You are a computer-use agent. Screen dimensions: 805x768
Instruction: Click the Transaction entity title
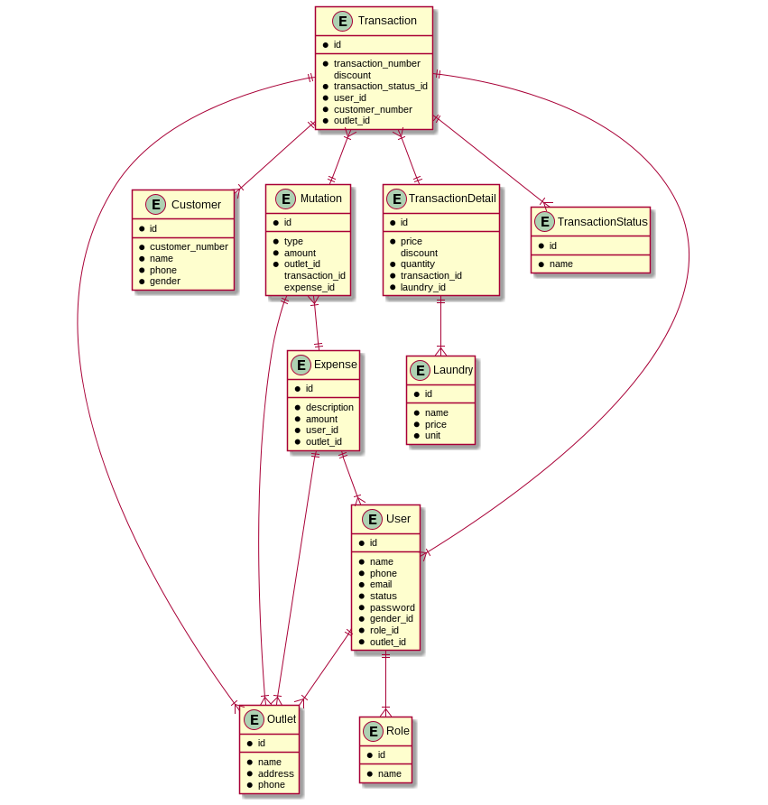386,21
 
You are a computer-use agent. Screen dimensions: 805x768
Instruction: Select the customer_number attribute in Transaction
373,109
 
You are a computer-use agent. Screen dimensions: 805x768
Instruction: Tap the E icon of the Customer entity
155,205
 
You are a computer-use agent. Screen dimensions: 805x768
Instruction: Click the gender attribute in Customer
164,281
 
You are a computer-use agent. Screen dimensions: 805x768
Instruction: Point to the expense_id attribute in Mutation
309,287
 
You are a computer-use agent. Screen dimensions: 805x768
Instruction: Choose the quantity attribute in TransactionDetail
417,264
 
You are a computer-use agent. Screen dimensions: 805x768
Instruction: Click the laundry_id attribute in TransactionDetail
422,287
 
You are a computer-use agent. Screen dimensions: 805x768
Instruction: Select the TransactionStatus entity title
602,222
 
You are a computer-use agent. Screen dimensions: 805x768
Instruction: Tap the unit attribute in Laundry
432,435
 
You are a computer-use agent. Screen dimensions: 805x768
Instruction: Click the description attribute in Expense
329,407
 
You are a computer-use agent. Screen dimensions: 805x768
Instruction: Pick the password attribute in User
392,607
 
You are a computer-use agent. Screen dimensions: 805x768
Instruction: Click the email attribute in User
381,584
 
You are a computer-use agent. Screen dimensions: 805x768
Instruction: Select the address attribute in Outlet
275,773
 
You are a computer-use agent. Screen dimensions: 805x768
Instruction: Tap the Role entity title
397,731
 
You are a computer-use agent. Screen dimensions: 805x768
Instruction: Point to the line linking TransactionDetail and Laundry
440,325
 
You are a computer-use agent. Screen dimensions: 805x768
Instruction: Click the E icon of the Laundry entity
419,369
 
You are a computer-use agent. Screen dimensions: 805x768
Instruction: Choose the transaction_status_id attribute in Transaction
380,86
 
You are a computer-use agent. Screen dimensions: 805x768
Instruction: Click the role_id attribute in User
384,630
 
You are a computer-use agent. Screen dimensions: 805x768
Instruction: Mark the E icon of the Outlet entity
254,719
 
